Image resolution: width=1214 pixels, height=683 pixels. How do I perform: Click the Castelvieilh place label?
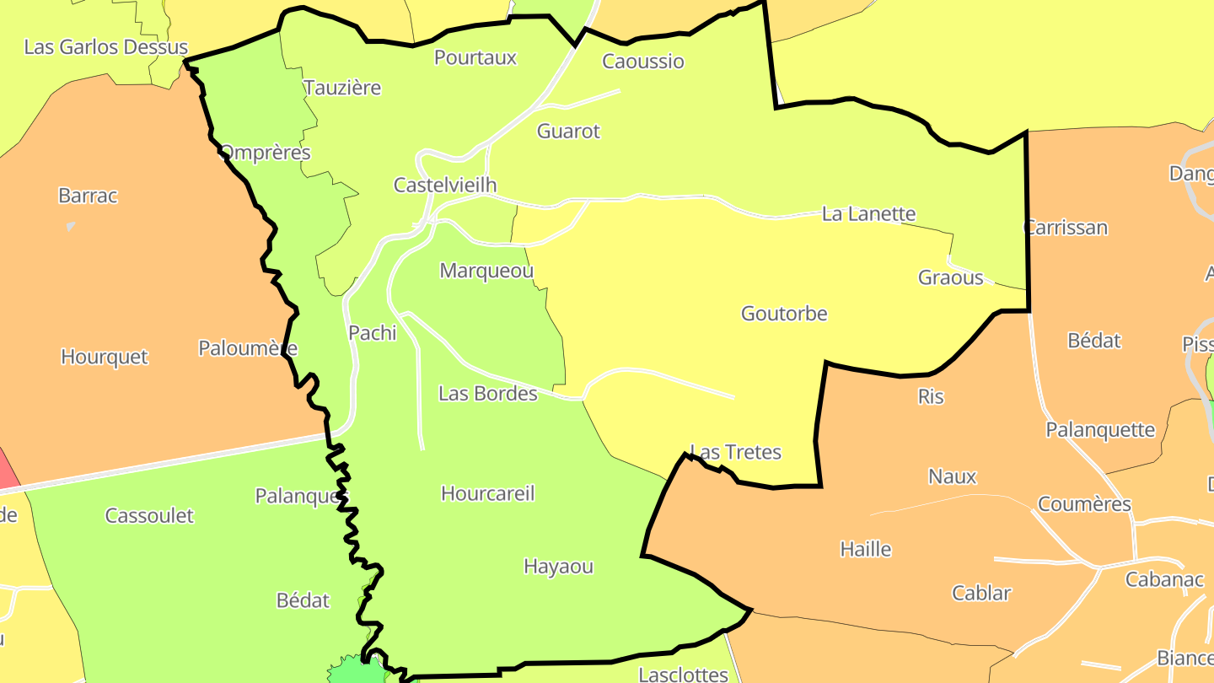445,186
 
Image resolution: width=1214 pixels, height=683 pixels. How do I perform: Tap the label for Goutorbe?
784,314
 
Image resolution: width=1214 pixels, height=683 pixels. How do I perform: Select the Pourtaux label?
475,57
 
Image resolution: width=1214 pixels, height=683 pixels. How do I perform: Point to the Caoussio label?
643,61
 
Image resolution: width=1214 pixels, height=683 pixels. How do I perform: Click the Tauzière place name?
342,88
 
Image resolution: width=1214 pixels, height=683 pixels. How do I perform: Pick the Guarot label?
568,132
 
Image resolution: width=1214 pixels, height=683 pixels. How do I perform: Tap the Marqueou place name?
486,272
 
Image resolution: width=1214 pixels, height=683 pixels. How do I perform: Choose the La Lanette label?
868,214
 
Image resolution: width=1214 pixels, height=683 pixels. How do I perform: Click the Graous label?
950,278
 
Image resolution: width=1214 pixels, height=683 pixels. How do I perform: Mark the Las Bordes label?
487,394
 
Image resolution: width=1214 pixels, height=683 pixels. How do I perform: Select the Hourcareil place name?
487,494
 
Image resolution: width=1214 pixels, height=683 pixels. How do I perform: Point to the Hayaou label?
558,567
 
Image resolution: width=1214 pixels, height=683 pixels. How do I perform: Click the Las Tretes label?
736,453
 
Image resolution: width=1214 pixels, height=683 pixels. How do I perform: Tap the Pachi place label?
372,333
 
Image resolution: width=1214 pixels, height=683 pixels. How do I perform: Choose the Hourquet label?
104,358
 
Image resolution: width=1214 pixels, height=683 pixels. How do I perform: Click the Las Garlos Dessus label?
105,46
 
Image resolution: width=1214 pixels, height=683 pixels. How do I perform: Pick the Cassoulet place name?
149,516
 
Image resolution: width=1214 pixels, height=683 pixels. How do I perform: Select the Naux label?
952,477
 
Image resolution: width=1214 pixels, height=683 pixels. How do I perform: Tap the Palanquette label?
1100,430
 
